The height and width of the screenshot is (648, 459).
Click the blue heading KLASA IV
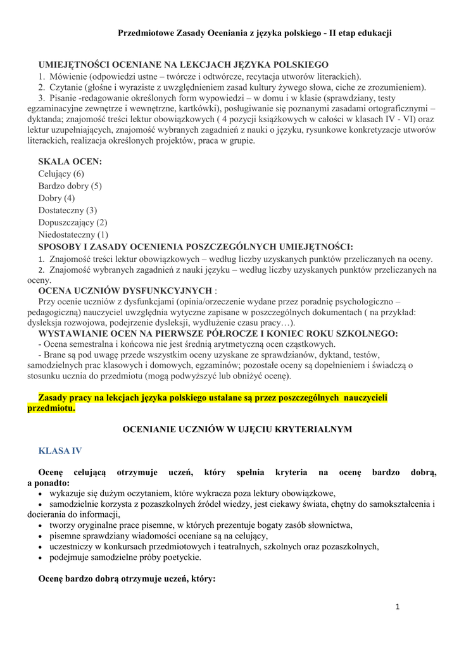point(60,451)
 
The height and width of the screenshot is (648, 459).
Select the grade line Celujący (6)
point(61,173)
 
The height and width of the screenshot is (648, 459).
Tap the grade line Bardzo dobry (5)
point(70,186)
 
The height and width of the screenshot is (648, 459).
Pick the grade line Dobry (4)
point(56,198)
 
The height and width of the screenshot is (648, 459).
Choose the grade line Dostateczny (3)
point(68,210)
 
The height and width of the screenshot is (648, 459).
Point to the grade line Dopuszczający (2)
point(73,222)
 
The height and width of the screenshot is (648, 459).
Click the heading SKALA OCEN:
point(70,161)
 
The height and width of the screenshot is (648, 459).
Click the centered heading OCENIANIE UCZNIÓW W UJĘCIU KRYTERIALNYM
point(237,429)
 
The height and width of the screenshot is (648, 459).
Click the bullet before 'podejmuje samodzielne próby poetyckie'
point(41,558)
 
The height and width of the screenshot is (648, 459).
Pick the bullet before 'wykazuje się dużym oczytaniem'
point(41,493)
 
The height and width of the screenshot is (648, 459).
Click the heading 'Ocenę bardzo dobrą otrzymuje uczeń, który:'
point(127,579)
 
